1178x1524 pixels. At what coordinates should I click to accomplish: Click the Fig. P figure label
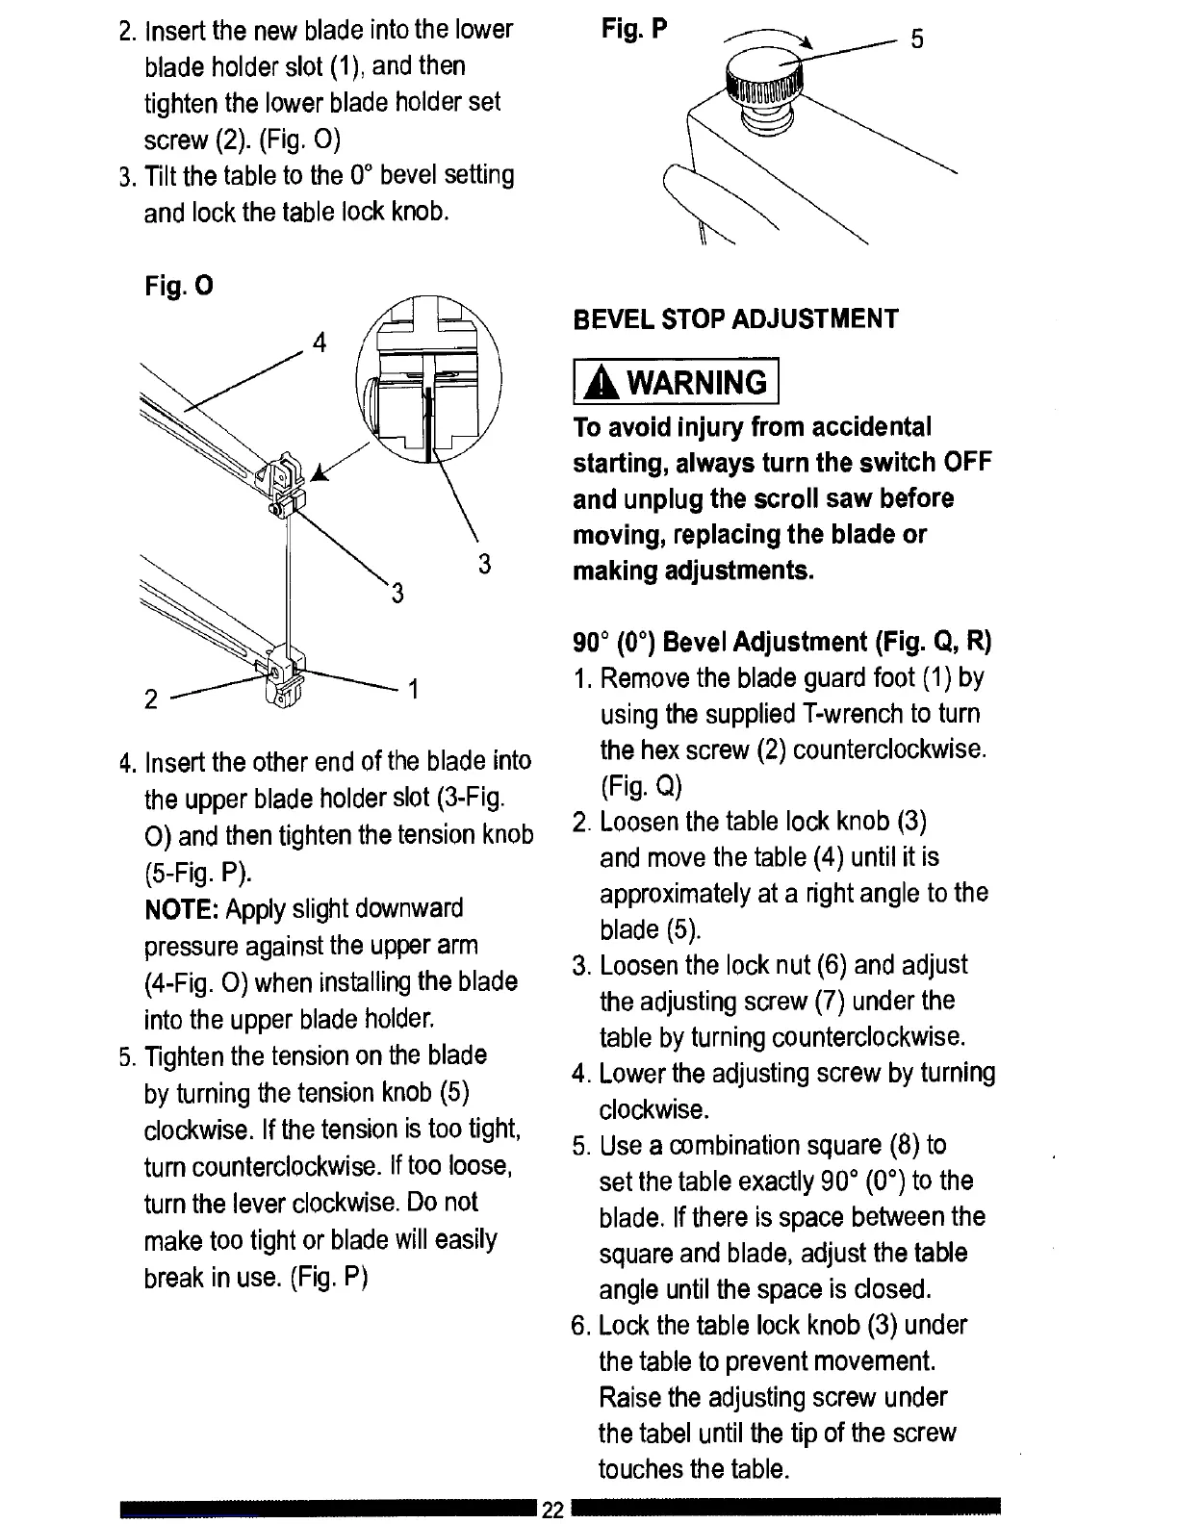(x=633, y=30)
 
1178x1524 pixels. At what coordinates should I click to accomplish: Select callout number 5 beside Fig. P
(x=917, y=39)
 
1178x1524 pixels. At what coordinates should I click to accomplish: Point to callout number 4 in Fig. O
(x=320, y=343)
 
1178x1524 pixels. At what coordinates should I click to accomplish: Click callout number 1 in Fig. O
(x=413, y=689)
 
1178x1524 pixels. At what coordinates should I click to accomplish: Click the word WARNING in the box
(x=697, y=383)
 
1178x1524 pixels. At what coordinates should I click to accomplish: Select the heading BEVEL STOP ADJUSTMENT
(x=735, y=319)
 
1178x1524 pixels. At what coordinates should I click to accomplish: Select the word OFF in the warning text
(x=966, y=462)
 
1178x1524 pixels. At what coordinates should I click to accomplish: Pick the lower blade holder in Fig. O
(x=282, y=673)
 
